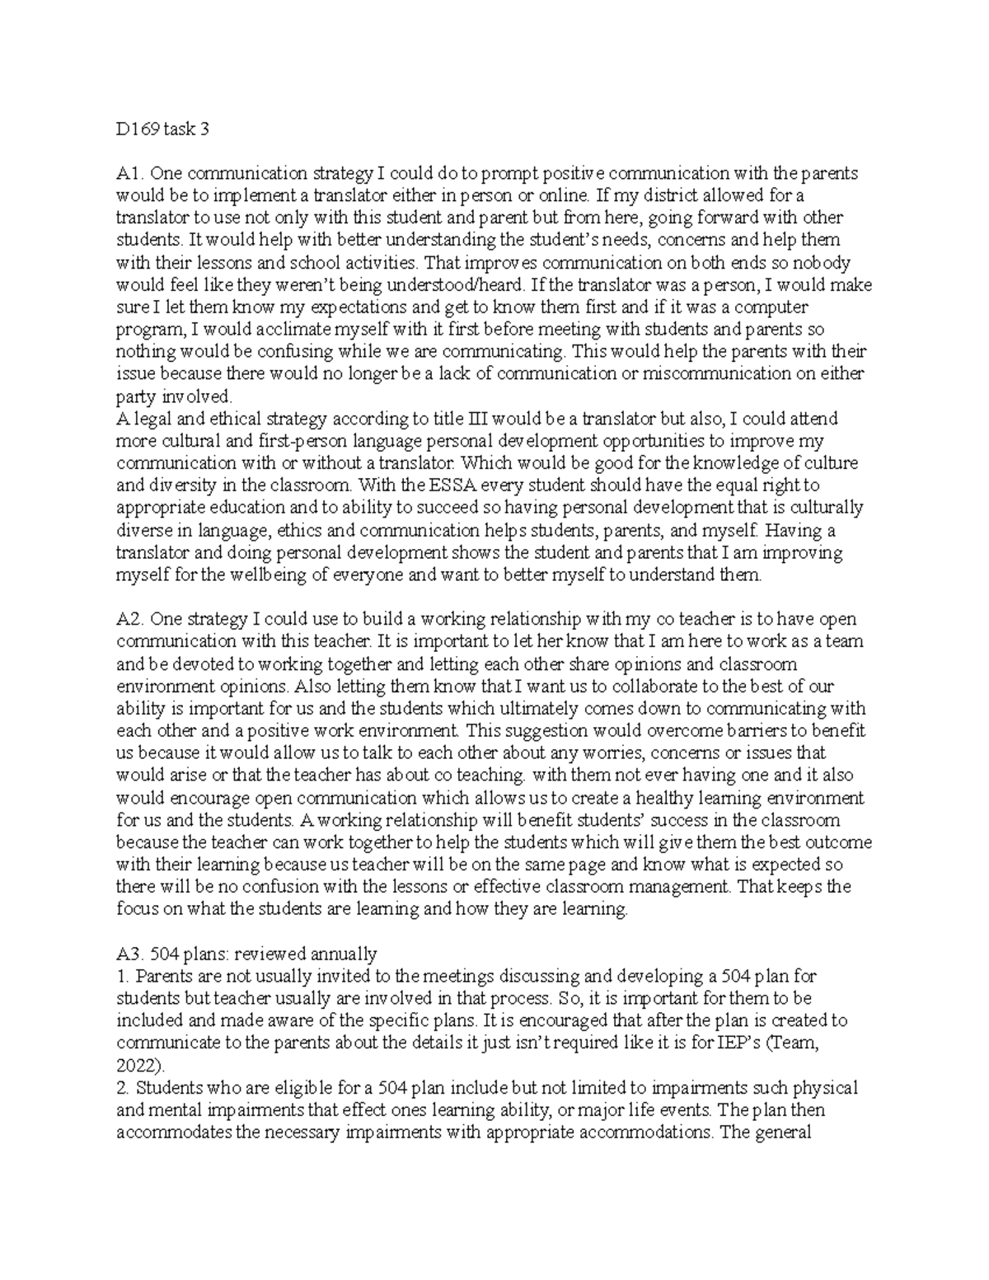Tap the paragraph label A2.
coord(130,619)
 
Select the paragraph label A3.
coord(130,954)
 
